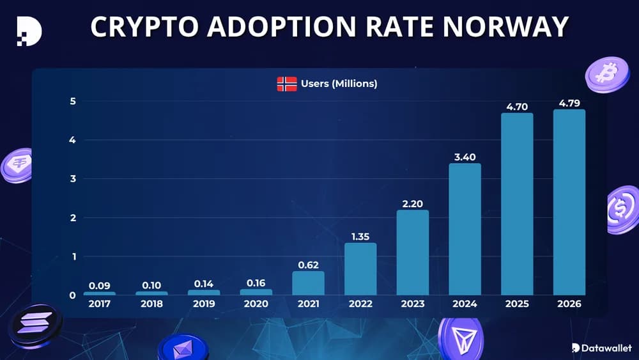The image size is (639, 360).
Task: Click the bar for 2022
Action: (360, 269)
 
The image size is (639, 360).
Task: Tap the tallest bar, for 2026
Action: (569, 202)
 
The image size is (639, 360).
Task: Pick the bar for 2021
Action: (309, 283)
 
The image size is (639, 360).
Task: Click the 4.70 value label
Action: (516, 107)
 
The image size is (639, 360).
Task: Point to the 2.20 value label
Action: (412, 204)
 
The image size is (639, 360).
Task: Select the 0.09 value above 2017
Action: (100, 285)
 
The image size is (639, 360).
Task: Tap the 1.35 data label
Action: (360, 237)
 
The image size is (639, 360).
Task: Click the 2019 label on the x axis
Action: (204, 304)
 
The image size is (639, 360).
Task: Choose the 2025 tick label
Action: (516, 304)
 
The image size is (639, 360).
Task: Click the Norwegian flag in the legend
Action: (287, 84)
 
